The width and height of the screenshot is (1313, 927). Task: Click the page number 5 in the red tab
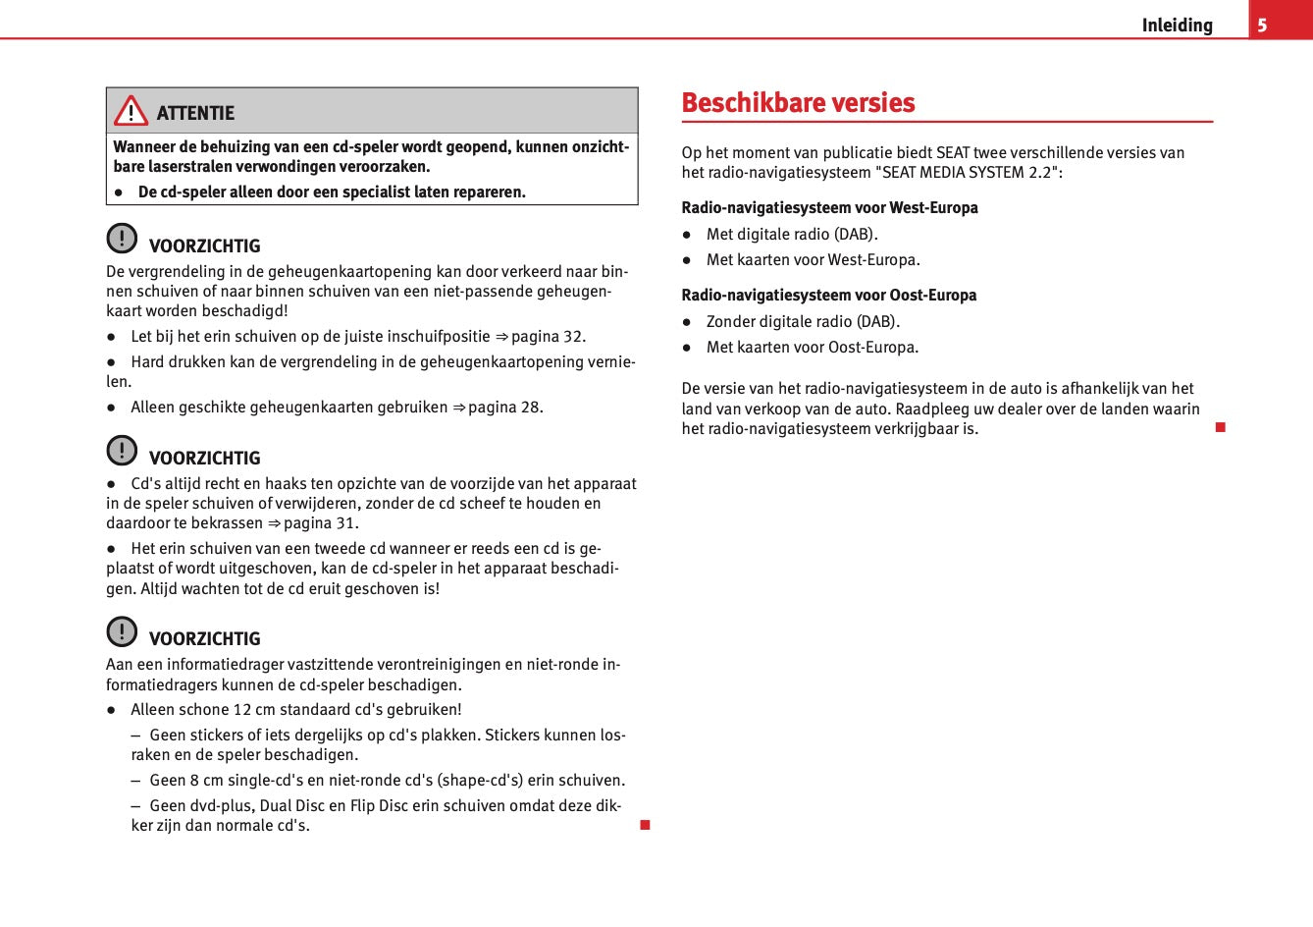point(1262,25)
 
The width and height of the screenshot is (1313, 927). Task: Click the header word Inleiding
point(1177,26)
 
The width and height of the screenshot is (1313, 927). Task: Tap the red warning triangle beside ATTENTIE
point(131,112)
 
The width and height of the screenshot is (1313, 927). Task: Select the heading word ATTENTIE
point(195,113)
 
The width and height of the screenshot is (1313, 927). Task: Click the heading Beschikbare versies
point(798,103)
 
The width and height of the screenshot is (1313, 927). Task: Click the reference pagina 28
point(504,408)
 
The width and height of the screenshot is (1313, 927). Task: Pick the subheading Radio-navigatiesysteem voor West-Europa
point(829,208)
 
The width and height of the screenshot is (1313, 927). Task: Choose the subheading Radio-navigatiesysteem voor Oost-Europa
point(828,296)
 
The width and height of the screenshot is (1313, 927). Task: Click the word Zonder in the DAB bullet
point(731,322)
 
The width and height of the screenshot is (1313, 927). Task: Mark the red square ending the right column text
point(1220,427)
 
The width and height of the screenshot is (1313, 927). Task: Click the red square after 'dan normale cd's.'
point(645,825)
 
